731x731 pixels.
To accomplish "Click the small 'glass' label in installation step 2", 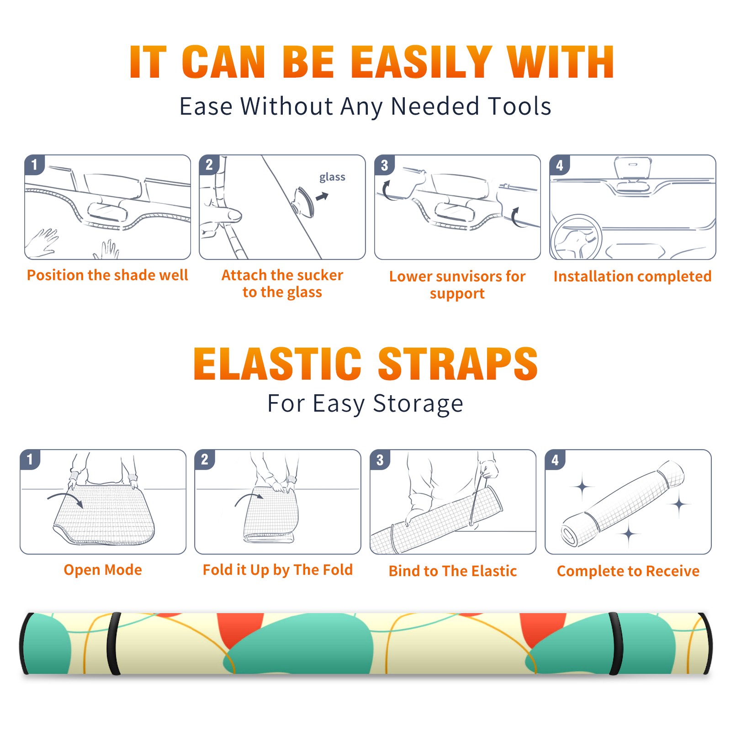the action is coord(332,177).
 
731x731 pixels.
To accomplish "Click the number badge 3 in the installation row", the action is coord(384,165).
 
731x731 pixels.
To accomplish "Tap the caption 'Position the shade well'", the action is coord(107,275).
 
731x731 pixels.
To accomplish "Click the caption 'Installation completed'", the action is coord(632,276).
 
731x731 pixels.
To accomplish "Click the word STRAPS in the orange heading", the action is coord(458,364).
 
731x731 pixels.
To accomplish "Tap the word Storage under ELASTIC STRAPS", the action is coord(418,404).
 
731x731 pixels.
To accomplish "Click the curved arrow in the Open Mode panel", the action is coord(65,499).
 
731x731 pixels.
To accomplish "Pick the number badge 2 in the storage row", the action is coord(204,459).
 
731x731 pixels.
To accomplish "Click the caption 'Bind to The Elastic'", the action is coord(453,571).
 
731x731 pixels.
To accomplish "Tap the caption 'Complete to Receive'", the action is coord(628,571).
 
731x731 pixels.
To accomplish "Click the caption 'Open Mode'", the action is coord(103,570).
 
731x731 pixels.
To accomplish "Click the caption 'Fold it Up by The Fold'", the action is coord(278,570).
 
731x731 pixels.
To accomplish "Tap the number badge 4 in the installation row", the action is coord(560,165).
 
